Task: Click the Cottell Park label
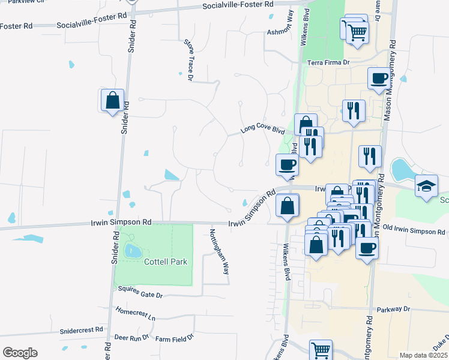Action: (166, 262)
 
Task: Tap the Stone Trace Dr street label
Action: (188, 60)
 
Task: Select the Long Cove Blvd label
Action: (262, 129)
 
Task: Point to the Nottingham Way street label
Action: (218, 251)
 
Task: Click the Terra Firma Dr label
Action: (328, 62)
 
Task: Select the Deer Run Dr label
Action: (131, 338)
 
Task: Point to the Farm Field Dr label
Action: (175, 339)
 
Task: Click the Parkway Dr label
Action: (393, 310)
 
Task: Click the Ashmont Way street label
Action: (280, 31)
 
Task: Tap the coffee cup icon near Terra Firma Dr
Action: (379, 78)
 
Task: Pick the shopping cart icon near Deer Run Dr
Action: (321, 349)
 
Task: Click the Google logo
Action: (20, 353)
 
